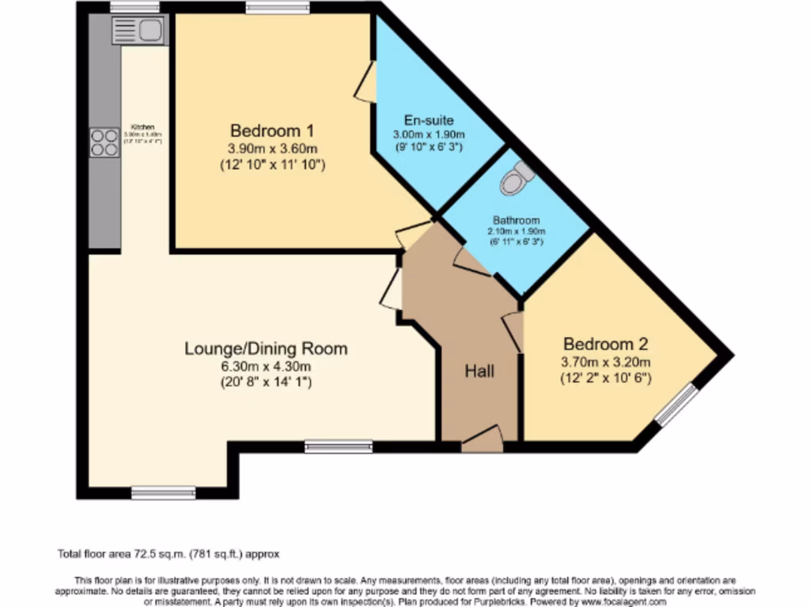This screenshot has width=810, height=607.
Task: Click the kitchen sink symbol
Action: point(138,31)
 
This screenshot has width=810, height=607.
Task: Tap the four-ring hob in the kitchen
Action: point(104,142)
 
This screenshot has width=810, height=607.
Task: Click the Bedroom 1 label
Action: point(266,130)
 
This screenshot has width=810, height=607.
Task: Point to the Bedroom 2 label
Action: point(606,344)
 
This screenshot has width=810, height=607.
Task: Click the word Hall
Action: point(479,370)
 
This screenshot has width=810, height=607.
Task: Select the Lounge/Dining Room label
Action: point(266,348)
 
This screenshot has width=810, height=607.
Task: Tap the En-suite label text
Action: point(429,120)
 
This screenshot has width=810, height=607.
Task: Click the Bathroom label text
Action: point(516,221)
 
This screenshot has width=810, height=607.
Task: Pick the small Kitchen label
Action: point(142,126)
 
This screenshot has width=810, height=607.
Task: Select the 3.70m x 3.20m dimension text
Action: point(606,362)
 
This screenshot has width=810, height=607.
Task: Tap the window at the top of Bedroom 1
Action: point(277,8)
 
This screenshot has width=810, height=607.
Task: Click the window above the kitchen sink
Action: point(134,8)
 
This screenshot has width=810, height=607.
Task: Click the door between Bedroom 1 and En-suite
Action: point(365,82)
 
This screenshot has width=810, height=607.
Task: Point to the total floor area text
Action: point(168,554)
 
